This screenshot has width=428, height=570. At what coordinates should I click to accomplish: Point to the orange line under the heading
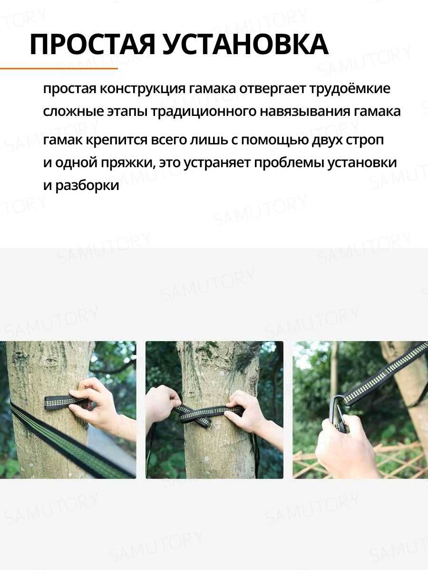coord(59,69)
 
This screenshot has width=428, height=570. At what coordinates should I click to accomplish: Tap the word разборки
coord(87,185)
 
